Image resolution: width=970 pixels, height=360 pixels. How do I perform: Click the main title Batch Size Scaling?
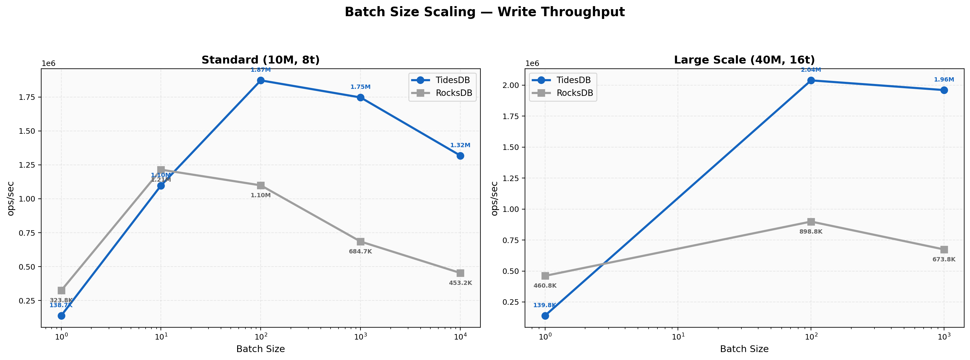coord(485,12)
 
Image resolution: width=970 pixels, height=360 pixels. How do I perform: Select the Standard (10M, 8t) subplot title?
coord(261,60)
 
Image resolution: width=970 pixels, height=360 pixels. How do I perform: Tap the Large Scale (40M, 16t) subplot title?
coord(744,60)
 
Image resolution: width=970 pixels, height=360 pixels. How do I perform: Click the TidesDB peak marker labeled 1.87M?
coord(261,80)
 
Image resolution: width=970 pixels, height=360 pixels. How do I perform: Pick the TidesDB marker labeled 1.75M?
coord(360,97)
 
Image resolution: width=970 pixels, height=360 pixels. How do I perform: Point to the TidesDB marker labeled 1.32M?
coord(460,155)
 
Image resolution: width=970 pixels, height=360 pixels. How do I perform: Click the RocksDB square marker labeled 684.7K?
coord(360,242)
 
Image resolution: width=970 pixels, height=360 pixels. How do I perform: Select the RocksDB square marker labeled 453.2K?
coord(460,273)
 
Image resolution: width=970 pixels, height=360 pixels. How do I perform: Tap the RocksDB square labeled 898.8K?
coord(811,221)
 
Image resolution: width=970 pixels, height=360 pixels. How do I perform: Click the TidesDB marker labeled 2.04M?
coord(811,80)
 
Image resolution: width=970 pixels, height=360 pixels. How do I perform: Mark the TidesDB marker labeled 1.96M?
coord(944,90)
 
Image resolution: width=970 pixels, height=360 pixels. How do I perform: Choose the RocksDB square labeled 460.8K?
coord(545,276)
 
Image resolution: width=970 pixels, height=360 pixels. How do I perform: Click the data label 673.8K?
coord(944,260)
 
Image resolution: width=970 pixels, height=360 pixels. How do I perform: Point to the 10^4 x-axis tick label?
coord(460,337)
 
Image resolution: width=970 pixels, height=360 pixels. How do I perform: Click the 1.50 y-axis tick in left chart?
coord(27,131)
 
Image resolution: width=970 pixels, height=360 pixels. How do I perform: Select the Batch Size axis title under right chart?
coord(744,349)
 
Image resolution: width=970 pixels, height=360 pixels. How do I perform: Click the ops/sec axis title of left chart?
coord(11,198)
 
